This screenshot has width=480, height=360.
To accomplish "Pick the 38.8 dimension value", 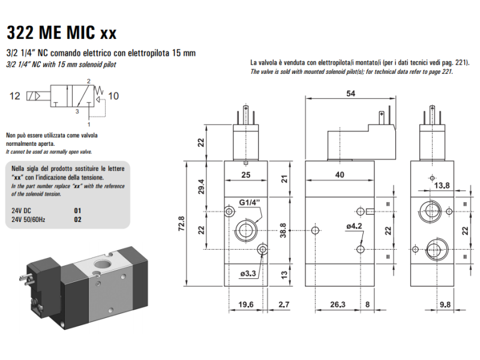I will (284, 230).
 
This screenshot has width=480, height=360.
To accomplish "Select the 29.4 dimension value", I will (202, 187).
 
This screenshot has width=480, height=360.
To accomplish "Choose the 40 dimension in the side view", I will (340, 175).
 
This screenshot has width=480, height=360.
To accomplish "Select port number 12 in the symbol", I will (16, 95).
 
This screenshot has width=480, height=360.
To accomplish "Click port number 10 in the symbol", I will (114, 95).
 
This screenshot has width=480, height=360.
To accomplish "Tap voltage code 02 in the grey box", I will (77, 220).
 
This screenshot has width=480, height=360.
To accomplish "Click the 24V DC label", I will (22, 211).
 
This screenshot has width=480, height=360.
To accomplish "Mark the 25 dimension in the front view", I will (245, 175).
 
